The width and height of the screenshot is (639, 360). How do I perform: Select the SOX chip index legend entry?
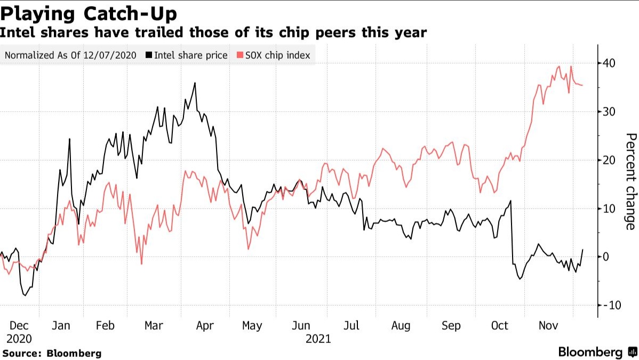pyautogui.click(x=276, y=55)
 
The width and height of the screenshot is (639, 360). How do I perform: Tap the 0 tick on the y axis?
pyautogui.click(x=606, y=257)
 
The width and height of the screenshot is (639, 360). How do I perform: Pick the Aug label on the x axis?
pyautogui.click(x=401, y=326)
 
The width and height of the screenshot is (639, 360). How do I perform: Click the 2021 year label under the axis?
pyautogui.click(x=319, y=339)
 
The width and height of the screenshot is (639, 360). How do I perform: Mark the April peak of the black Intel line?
pyautogui.click(x=195, y=83)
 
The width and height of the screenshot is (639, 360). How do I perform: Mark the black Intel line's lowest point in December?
pyautogui.click(x=25, y=295)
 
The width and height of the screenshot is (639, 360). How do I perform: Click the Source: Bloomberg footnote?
pyautogui.click(x=52, y=353)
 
